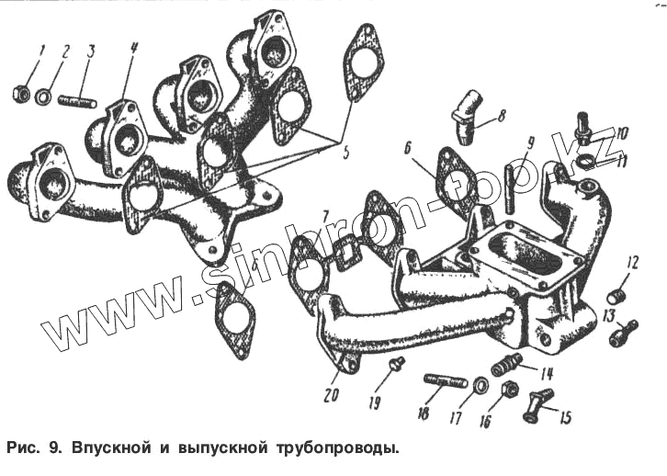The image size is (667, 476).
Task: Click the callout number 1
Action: click(41, 49)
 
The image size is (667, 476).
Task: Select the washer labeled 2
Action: click(44, 95)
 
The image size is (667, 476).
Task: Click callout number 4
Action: click(133, 49)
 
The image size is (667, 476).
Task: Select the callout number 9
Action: click(530, 143)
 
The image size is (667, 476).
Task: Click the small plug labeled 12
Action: click(617, 297)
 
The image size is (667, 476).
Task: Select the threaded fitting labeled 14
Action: click(507, 366)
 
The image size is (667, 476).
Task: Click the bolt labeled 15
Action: click(538, 402)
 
